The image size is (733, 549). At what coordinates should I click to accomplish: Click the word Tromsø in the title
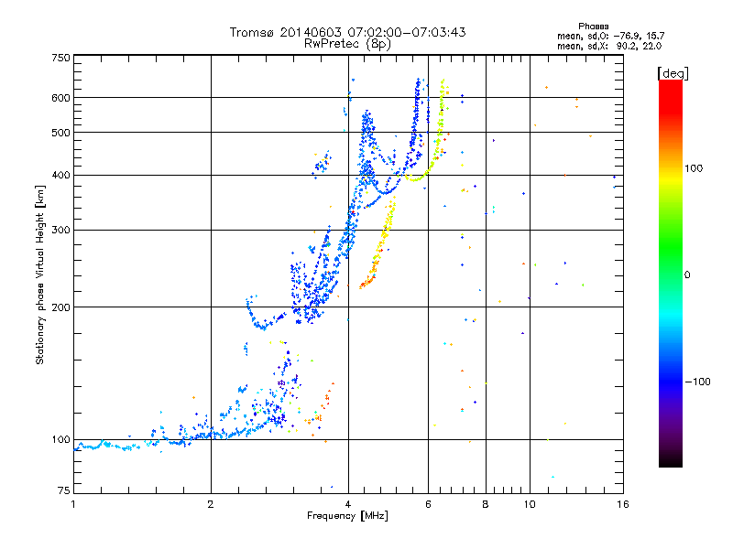[x=252, y=32]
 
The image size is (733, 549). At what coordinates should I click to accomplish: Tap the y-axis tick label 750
[x=60, y=58]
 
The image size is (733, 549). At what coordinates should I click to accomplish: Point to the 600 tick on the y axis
[x=60, y=98]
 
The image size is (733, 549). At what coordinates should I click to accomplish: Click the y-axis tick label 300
[x=60, y=231]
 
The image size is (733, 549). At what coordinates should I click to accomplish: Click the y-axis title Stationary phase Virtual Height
[x=40, y=274]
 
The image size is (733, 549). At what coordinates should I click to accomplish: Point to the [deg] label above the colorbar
[x=673, y=72]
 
